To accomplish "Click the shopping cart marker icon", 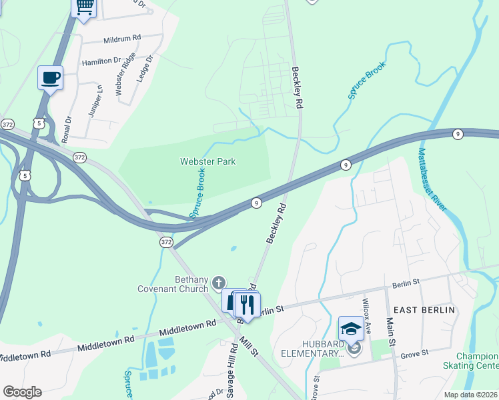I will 84,7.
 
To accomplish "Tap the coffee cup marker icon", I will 50,78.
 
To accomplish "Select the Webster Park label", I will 207,161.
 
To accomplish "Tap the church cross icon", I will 218,283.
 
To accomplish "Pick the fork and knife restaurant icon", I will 247,305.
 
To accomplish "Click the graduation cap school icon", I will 351,329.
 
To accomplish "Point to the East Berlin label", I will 424,310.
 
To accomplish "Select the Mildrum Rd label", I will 122,39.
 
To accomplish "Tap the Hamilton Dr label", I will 101,61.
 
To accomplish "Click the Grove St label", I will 414,354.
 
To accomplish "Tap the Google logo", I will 22,392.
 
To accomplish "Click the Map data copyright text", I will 470,395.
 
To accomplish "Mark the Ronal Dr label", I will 66,129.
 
